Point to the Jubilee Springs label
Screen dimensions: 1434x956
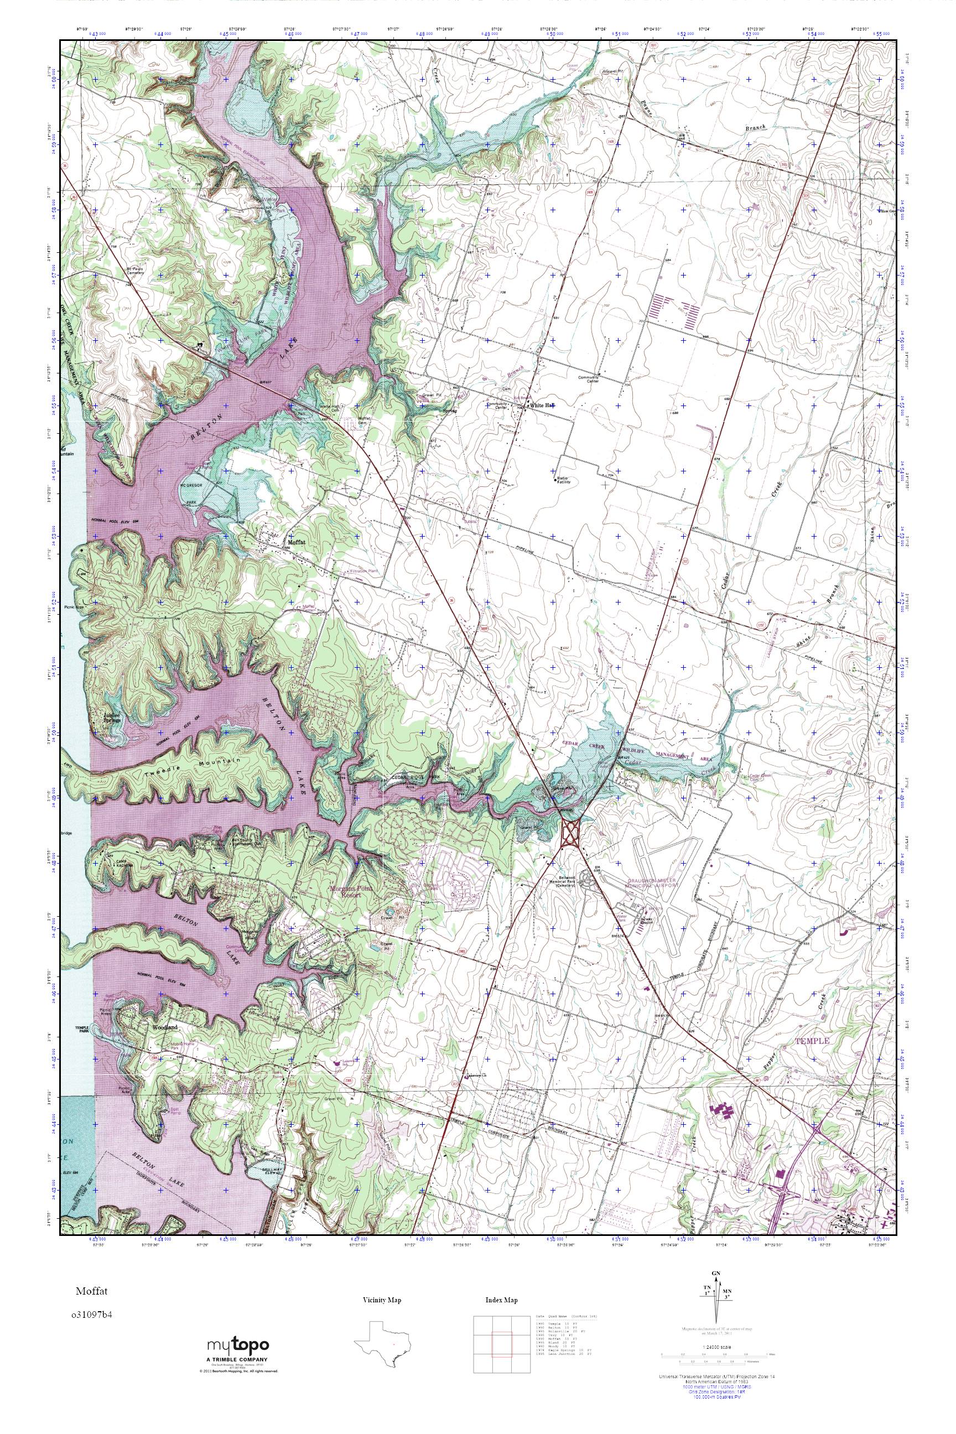pos(112,718)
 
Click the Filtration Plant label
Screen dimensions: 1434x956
pos(366,571)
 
